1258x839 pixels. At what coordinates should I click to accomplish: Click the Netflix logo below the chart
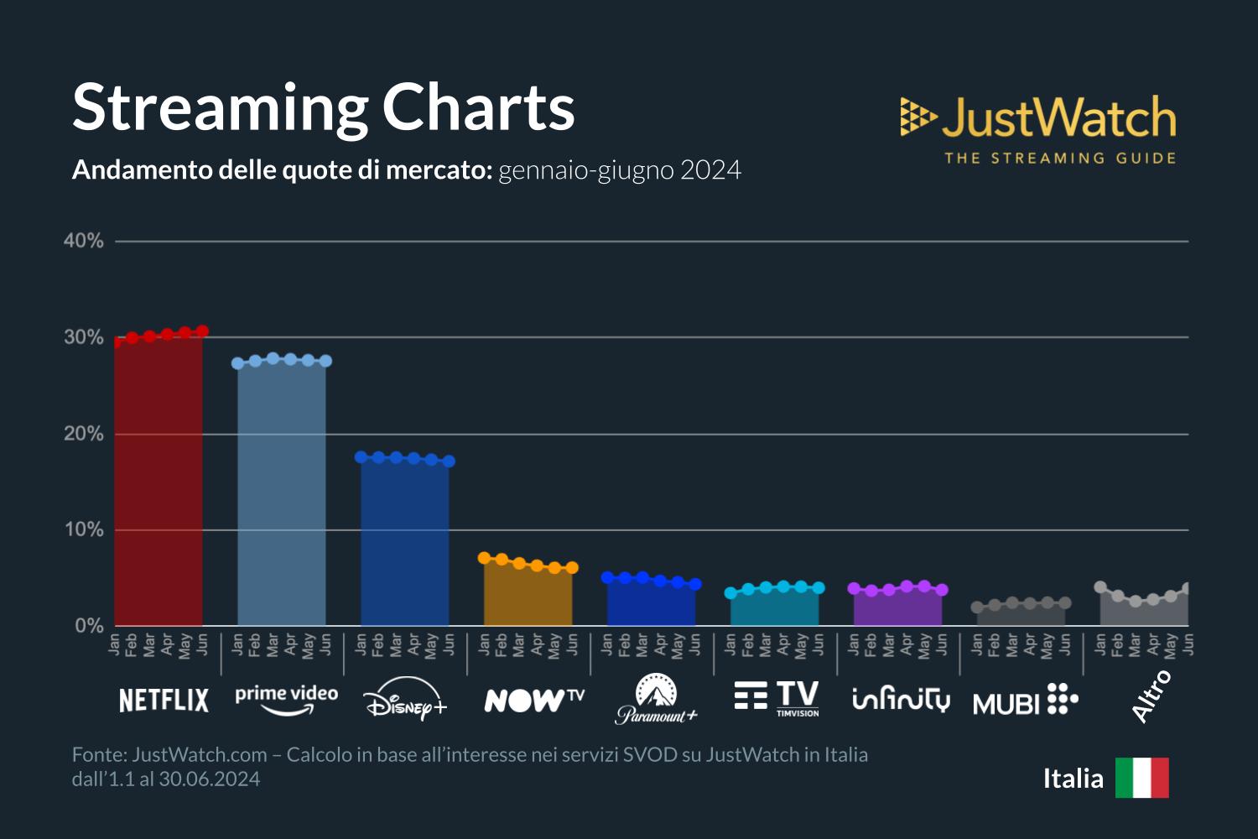click(x=164, y=700)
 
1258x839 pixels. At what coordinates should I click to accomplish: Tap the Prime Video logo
click(x=286, y=699)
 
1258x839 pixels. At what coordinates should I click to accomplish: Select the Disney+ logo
click(x=406, y=699)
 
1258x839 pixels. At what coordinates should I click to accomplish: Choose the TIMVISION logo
click(x=777, y=699)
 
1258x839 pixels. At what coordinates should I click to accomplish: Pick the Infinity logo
click(x=901, y=699)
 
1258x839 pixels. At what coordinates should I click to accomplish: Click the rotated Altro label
click(x=1151, y=696)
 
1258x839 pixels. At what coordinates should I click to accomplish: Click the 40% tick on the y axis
click(x=84, y=242)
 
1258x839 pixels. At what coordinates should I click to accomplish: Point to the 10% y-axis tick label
click(x=84, y=530)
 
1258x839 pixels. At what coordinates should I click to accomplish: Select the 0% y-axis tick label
click(x=89, y=626)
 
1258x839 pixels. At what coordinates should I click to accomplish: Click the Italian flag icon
click(x=1141, y=778)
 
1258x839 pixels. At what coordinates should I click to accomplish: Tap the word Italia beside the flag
click(x=1073, y=779)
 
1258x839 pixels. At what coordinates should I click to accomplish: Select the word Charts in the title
click(x=478, y=107)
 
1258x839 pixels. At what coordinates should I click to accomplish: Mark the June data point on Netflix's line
click(x=202, y=331)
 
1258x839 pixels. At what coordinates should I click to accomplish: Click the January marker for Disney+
click(x=361, y=457)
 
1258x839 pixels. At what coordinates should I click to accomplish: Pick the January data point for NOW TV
click(x=484, y=558)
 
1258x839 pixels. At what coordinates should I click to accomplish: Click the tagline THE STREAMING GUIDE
click(x=1060, y=159)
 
